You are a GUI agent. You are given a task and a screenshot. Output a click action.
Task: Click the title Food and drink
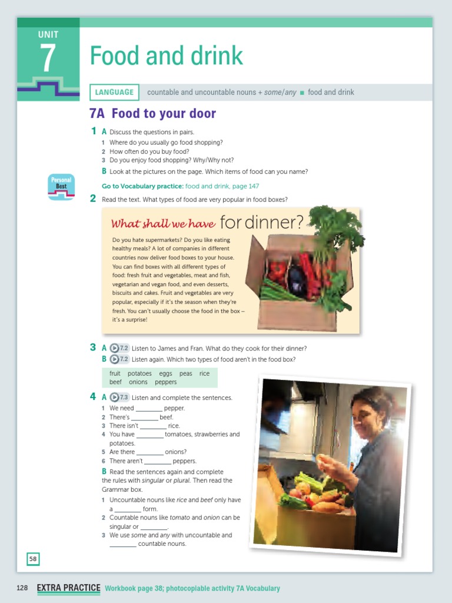[166, 56]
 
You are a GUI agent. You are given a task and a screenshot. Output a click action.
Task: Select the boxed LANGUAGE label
[114, 92]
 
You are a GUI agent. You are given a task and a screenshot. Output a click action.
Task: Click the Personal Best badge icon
[61, 187]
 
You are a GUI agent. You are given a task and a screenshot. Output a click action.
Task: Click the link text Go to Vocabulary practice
[142, 186]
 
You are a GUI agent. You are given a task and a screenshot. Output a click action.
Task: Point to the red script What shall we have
[163, 224]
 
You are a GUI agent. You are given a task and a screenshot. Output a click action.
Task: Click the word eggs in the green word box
[165, 373]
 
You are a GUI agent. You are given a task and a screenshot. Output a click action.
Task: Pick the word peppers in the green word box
[165, 382]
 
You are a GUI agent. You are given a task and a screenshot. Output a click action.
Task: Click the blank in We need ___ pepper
[149, 409]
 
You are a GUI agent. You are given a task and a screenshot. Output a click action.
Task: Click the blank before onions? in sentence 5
[149, 453]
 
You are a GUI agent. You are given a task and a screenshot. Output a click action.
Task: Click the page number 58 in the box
[33, 559]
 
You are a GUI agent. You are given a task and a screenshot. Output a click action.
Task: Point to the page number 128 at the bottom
[22, 588]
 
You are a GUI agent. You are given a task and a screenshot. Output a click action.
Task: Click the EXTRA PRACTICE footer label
[68, 588]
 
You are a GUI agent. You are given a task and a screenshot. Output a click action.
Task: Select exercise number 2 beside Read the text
[93, 199]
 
